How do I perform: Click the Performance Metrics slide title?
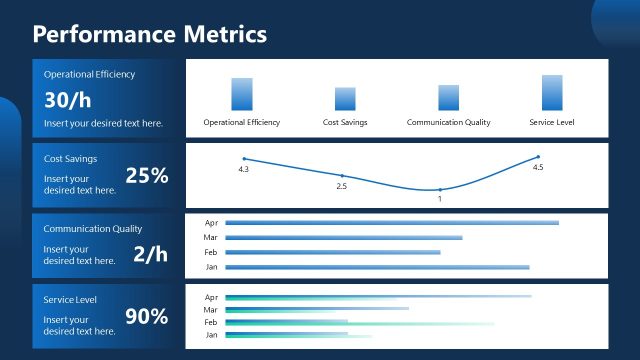[150, 34]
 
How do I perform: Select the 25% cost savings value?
[146, 175]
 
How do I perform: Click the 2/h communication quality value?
[150, 254]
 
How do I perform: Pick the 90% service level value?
[146, 317]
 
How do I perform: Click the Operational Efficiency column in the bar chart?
[242, 94]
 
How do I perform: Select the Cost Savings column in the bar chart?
[345, 99]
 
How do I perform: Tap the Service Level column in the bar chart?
[552, 92]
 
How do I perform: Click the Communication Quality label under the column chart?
[448, 122]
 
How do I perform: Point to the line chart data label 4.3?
[243, 169]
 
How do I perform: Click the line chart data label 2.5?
[341, 186]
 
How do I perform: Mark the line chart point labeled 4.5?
[538, 157]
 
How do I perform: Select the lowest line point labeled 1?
[439, 189]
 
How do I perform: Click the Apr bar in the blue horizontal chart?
[392, 222]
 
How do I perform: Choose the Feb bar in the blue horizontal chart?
[333, 252]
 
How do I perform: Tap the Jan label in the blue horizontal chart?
[211, 267]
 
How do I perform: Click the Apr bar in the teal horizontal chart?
[378, 296]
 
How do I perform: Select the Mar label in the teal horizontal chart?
[211, 309]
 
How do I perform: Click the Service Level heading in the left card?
[70, 300]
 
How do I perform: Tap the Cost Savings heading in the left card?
[70, 158]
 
